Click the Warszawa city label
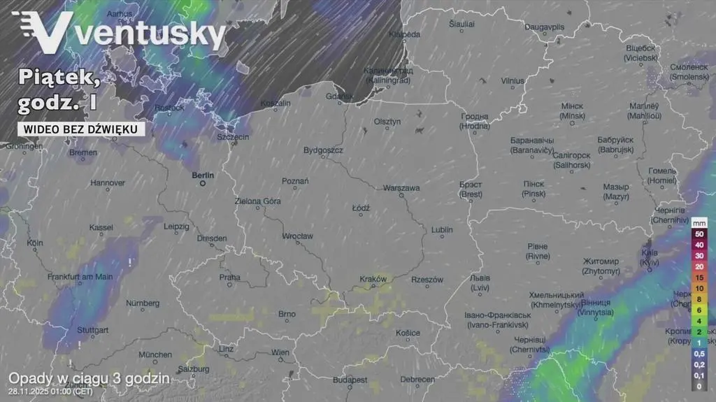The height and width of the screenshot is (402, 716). pyautogui.click(x=401, y=188)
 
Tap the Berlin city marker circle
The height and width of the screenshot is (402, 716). pyautogui.click(x=203, y=184)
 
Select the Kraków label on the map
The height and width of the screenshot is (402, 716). pyautogui.click(x=373, y=279)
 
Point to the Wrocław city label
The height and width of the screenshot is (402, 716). pyautogui.click(x=297, y=236)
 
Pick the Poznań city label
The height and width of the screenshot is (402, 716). pyautogui.click(x=295, y=181)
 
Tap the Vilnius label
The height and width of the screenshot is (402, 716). pyautogui.click(x=513, y=81)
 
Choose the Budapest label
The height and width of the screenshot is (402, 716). pyautogui.click(x=350, y=380)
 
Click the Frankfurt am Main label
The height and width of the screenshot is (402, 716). pyautogui.click(x=80, y=277)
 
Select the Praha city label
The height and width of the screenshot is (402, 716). pyautogui.click(x=229, y=278)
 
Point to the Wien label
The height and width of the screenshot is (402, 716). pyautogui.click(x=280, y=353)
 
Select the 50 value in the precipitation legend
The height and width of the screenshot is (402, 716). pyautogui.click(x=699, y=234)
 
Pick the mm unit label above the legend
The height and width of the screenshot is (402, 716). pyautogui.click(x=699, y=223)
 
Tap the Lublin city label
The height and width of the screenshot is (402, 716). pyautogui.click(x=442, y=230)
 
